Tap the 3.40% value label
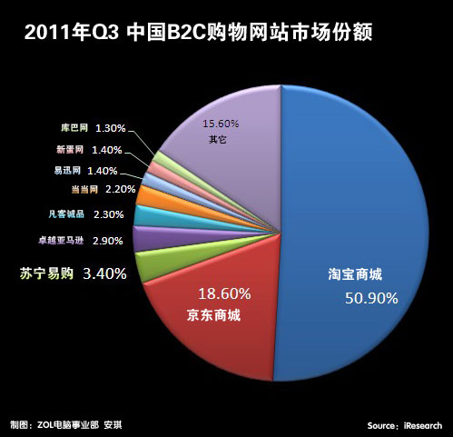click(x=104, y=272)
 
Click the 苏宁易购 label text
click(x=47, y=272)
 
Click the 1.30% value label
click(x=110, y=128)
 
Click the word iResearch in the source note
click(x=422, y=425)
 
